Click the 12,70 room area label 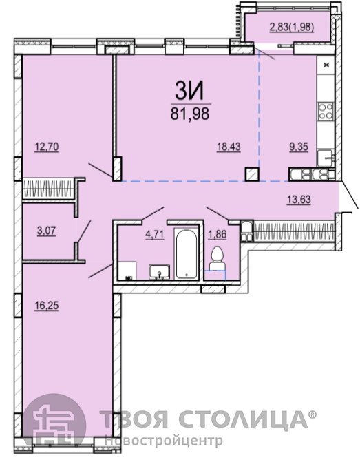click(47, 147)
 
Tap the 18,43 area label click(229, 147)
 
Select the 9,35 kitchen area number click(299, 147)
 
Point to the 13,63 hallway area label click(299, 200)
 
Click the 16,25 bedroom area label click(47, 306)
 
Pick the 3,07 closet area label click(47, 231)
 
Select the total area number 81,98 click(190, 114)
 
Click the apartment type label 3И click(189, 90)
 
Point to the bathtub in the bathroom click(186, 253)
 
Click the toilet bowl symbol click(217, 258)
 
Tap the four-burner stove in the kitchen click(326, 111)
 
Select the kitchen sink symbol click(326, 158)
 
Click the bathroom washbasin click(159, 271)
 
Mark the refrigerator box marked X click(326, 65)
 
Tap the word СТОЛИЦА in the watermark click(244, 419)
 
